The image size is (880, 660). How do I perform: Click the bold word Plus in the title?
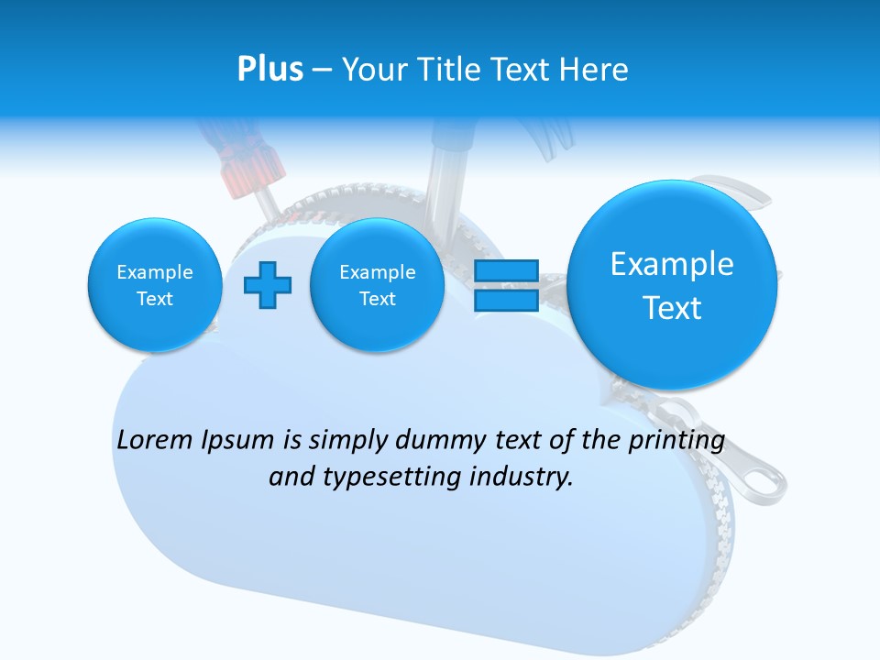269,69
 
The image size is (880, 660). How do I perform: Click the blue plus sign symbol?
268,285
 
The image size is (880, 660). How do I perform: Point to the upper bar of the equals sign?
506,271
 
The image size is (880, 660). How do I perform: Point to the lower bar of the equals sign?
506,300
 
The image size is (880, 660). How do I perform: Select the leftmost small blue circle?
155,285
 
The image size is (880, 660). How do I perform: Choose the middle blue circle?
378,285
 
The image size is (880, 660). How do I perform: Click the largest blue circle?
672,285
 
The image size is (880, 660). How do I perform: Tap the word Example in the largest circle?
672,264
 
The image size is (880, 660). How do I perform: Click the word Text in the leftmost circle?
155,299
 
